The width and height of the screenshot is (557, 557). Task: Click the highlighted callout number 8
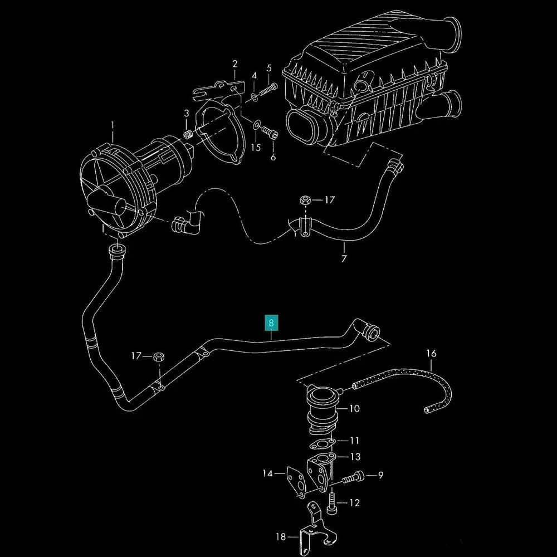pyautogui.click(x=271, y=323)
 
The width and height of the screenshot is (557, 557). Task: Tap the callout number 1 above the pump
pyautogui.click(x=113, y=125)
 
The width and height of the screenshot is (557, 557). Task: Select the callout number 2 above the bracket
pyautogui.click(x=235, y=64)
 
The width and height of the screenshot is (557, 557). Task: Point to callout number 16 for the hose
pyautogui.click(x=431, y=354)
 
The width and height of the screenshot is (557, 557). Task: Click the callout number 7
pyautogui.click(x=344, y=258)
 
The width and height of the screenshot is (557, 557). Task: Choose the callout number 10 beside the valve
pyautogui.click(x=354, y=408)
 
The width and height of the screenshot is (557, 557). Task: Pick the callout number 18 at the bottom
pyautogui.click(x=281, y=536)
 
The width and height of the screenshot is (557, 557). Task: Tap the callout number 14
pyautogui.click(x=268, y=473)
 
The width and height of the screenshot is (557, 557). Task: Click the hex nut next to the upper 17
pyautogui.click(x=305, y=200)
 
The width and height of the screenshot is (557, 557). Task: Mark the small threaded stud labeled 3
pyautogui.click(x=188, y=135)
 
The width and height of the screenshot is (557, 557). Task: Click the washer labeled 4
pyautogui.click(x=254, y=96)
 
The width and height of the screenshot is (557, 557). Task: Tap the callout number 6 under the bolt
pyautogui.click(x=273, y=157)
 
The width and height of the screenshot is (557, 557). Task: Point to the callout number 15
pyautogui.click(x=256, y=147)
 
